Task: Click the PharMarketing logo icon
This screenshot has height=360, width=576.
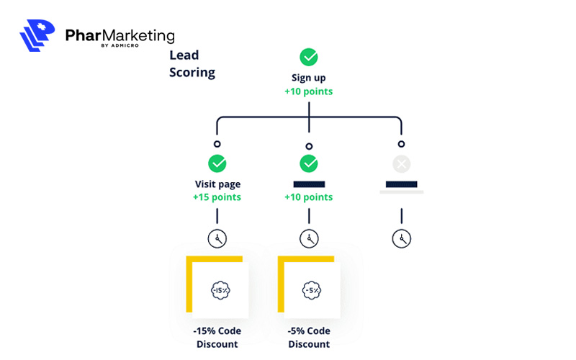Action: [38, 35]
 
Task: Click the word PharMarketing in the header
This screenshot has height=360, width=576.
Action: [120, 35]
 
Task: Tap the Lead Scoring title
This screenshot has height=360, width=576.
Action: [192, 63]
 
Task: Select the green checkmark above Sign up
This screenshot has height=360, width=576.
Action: [309, 57]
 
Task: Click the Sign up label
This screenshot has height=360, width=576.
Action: [309, 78]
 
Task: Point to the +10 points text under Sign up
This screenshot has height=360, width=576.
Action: [309, 91]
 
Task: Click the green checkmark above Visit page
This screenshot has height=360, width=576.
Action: [217, 163]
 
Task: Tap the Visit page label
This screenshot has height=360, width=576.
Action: [217, 184]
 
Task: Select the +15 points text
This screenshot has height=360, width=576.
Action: [217, 197]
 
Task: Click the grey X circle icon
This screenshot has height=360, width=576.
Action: [401, 164]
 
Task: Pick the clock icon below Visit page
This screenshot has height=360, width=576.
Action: [217, 238]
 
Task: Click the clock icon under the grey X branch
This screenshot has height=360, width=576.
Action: [401, 238]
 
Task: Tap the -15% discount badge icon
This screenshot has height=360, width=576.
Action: [220, 289]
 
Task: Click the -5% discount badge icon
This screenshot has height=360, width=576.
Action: [312, 289]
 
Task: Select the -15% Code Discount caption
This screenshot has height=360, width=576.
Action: [217, 337]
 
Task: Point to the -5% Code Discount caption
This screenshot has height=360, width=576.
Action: [309, 337]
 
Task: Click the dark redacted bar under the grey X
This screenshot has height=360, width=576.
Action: [401, 184]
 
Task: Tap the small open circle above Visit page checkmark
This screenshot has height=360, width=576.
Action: [217, 145]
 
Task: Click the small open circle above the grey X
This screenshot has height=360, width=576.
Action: [401, 145]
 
